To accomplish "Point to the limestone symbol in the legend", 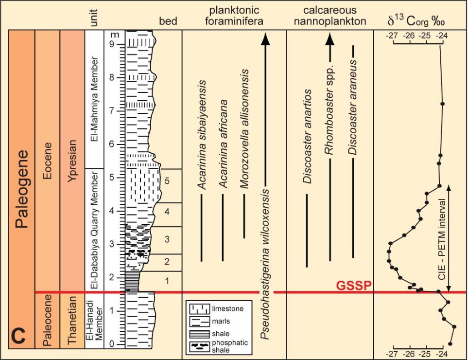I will pyautogui.click(x=200, y=308).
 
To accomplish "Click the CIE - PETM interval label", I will pyautogui.click(x=441, y=236).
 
